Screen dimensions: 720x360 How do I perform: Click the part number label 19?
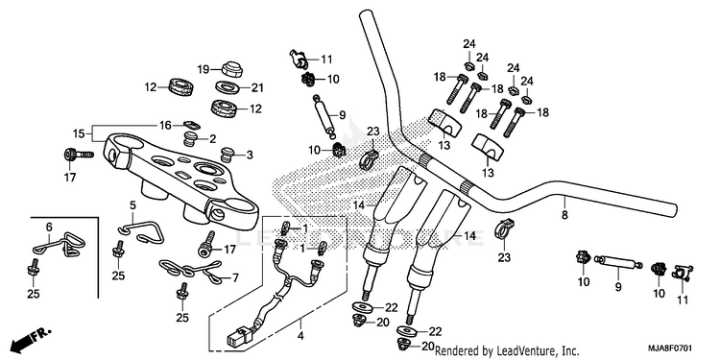tap(204, 69)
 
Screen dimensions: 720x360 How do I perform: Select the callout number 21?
tap(257, 87)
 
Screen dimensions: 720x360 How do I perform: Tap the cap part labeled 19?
tap(232, 69)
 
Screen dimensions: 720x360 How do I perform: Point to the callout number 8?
tap(564, 214)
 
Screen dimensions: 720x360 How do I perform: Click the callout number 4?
tap(300, 336)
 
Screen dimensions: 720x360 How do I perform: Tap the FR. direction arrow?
tap(31, 337)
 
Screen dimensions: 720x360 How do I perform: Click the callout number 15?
tap(78, 134)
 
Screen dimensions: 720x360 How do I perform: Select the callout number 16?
tap(165, 125)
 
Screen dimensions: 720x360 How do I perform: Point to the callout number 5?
tap(132, 205)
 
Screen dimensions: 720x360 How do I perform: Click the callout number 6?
tap(49, 226)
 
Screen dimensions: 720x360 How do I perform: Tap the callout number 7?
tap(235, 277)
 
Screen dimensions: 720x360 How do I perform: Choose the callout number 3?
tap(250, 156)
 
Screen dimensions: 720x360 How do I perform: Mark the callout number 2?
tap(212, 139)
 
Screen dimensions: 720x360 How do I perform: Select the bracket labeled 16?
tap(191, 125)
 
